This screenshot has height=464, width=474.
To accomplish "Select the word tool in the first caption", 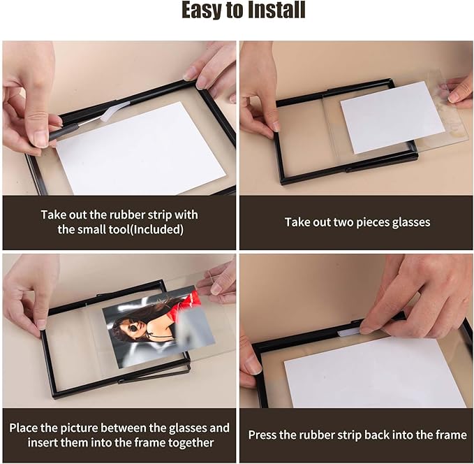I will (120, 229).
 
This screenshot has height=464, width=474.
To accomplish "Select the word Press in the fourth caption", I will (263, 435).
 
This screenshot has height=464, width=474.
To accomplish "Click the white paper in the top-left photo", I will (140, 150).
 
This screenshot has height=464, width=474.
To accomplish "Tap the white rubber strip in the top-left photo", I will (115, 109).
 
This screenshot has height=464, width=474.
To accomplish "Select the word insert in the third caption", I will (43, 442).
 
